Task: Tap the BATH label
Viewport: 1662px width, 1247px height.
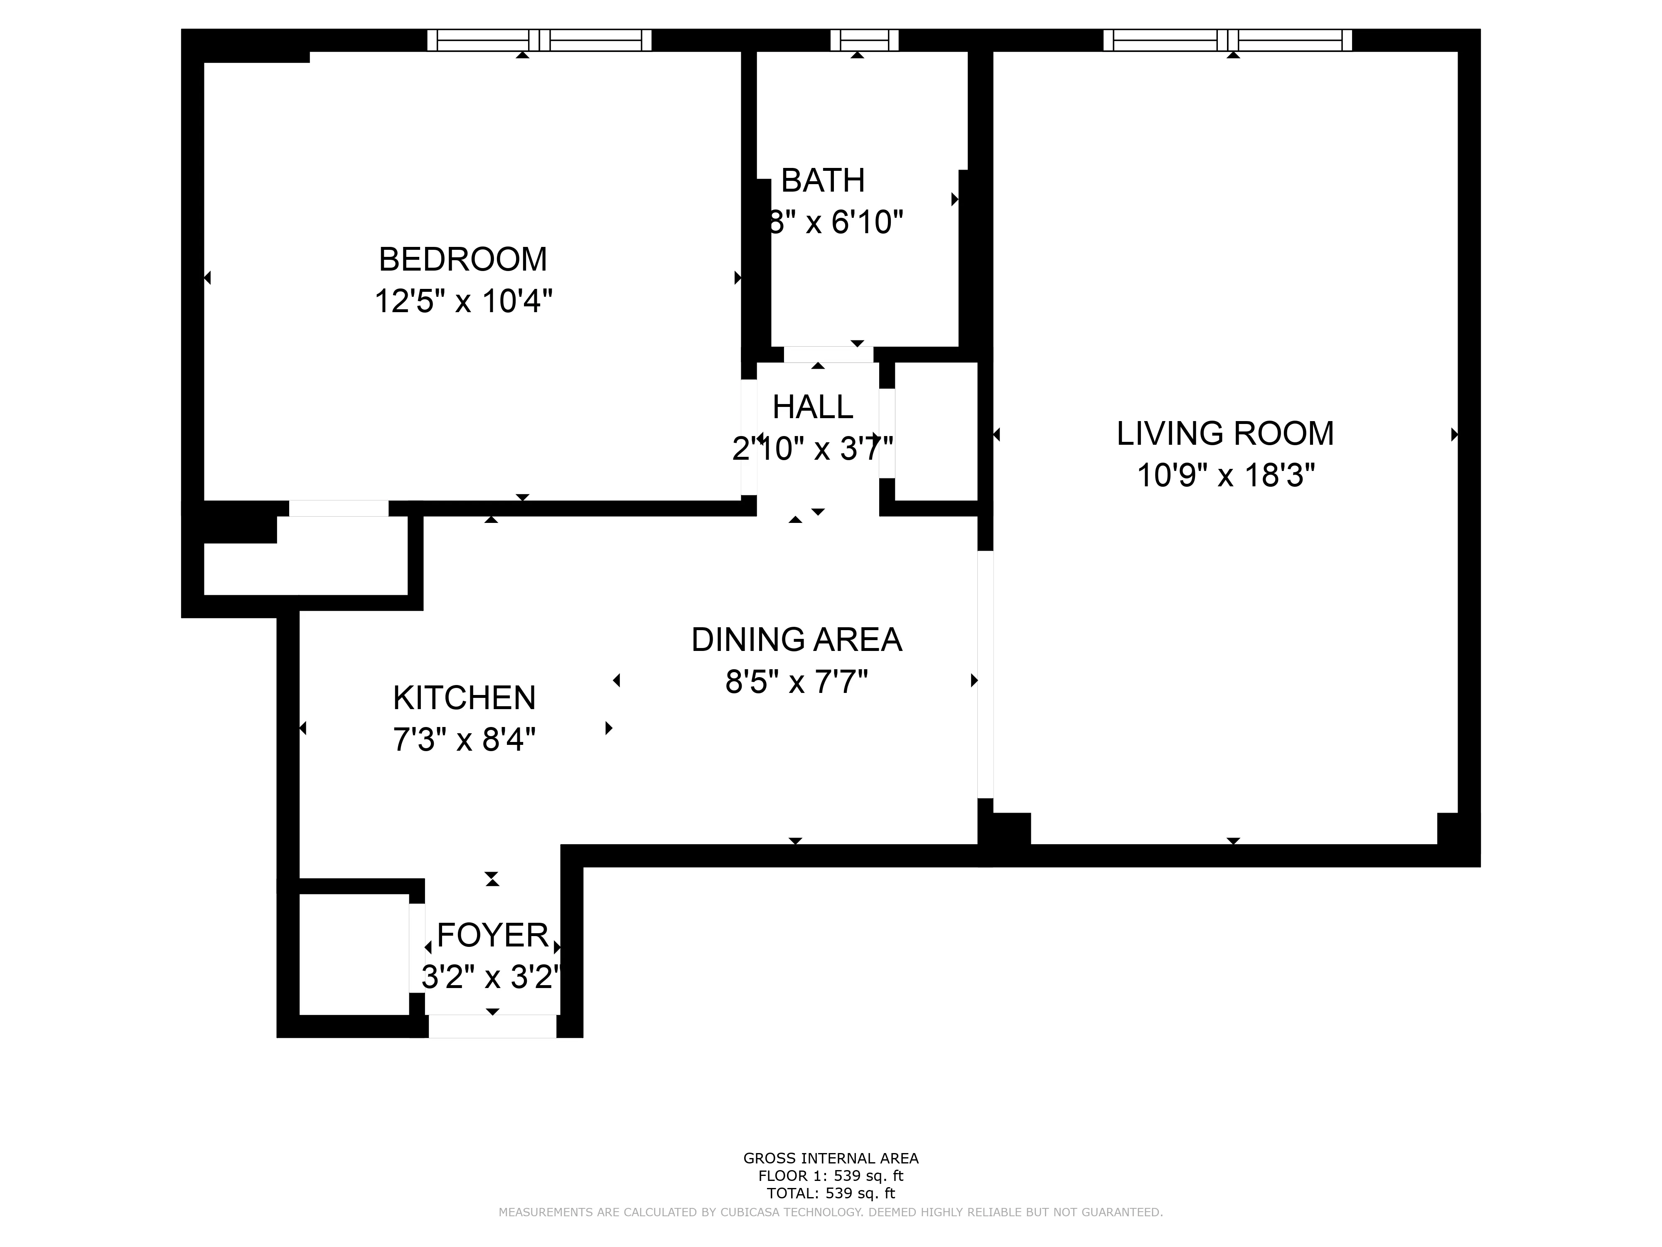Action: tap(823, 180)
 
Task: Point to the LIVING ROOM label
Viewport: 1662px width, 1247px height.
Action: tap(1225, 434)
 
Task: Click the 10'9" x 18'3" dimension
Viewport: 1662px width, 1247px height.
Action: tap(1225, 476)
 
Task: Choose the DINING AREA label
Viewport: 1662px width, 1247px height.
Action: tap(797, 640)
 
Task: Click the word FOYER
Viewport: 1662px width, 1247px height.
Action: tap(492, 936)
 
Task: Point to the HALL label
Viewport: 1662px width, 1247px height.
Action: tap(813, 407)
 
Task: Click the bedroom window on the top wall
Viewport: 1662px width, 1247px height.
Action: tap(539, 40)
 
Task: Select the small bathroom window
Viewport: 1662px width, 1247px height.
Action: tap(864, 40)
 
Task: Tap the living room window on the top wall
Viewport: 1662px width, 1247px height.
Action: tap(1227, 40)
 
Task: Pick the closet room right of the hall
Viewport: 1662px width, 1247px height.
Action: tap(935, 431)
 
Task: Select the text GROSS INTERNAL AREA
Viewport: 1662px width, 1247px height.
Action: tap(830, 1158)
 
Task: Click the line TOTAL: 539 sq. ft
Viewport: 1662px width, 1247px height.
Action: tap(830, 1193)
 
